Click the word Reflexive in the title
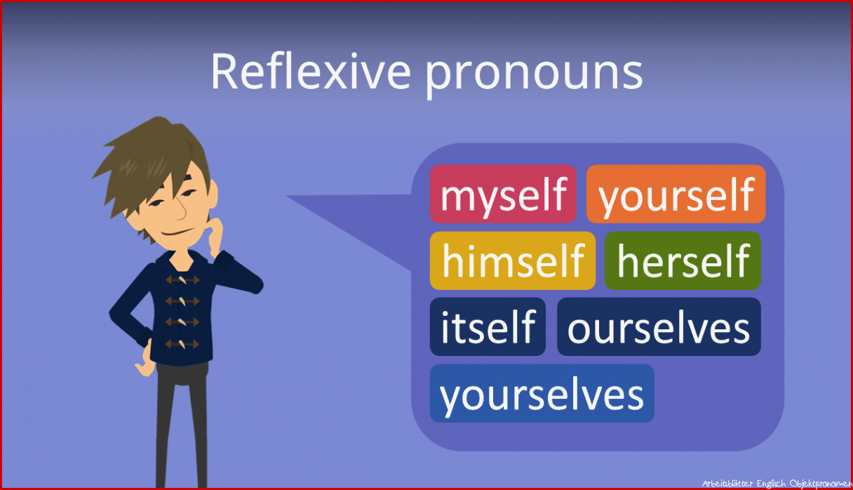311,71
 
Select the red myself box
503,194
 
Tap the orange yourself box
676,194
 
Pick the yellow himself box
513,260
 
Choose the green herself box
683,260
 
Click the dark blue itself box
488,327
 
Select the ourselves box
659,327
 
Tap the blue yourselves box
542,393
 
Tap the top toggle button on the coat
182,280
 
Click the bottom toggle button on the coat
182,345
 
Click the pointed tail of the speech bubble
287,197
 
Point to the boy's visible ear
212,194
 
